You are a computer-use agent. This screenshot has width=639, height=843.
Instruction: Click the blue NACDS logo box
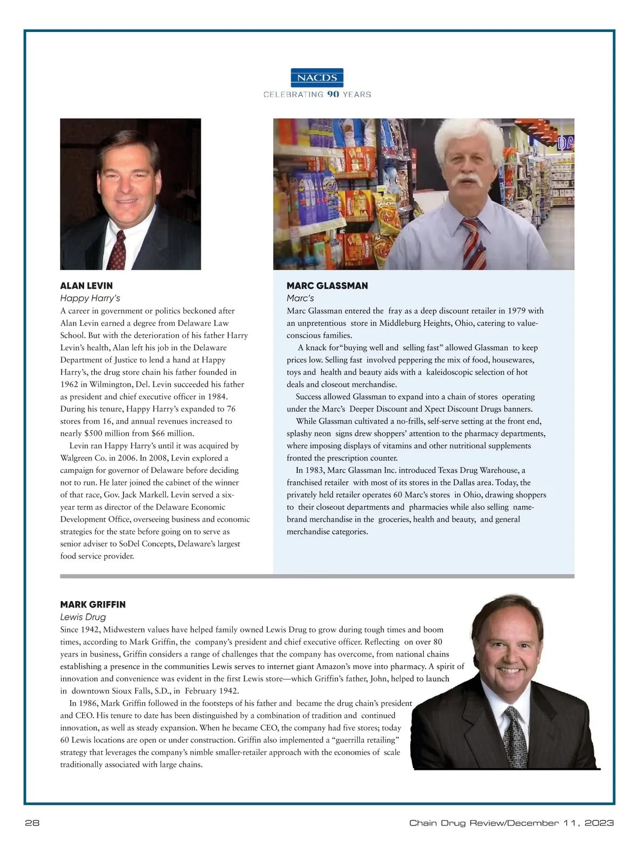pos(317,78)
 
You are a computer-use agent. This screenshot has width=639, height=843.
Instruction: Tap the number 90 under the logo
pos(333,94)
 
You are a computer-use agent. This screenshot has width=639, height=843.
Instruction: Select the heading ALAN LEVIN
pos(86,286)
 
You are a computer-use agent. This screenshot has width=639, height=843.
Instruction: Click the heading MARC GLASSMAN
pos(327,286)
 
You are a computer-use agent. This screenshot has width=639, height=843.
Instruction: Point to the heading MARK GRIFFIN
pos(93,604)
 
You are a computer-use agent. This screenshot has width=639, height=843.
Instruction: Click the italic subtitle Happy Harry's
pos(90,298)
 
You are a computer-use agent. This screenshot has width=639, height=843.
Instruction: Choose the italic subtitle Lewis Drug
pos(83,617)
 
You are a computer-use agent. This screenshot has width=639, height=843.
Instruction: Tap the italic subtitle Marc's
pos(300,298)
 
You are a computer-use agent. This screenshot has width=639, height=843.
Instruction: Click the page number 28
pos(32,823)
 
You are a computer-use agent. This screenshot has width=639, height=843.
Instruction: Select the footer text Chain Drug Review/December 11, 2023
pos(511,823)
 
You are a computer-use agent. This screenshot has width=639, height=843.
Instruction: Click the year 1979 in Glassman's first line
pos(517,311)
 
